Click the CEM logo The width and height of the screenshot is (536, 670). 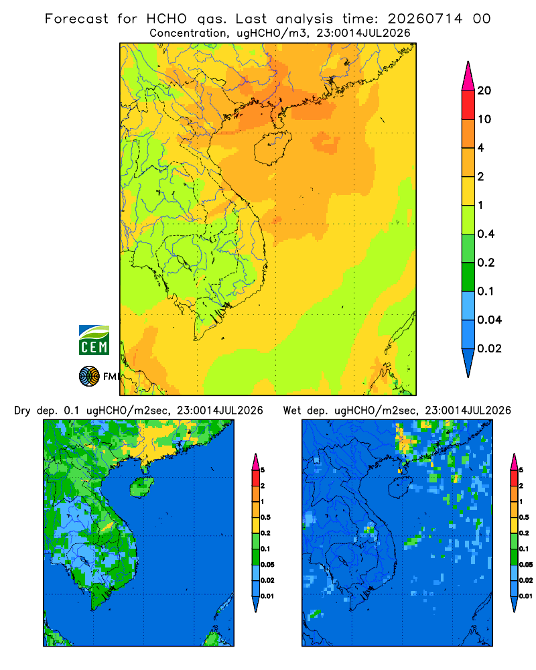pyautogui.click(x=94, y=340)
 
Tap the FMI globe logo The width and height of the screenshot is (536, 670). pyautogui.click(x=89, y=377)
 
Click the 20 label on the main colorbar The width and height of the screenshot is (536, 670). pyautogui.click(x=484, y=90)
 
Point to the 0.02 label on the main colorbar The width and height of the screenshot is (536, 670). pyautogui.click(x=489, y=348)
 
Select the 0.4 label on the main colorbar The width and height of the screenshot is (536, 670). pyautogui.click(x=486, y=234)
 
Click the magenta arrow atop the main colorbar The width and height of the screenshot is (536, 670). pyautogui.click(x=468, y=76)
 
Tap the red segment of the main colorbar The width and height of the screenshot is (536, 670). pyautogui.click(x=468, y=105)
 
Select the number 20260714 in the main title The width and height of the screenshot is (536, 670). pyautogui.click(x=425, y=19)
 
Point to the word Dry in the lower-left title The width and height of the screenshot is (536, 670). pyautogui.click(x=22, y=411)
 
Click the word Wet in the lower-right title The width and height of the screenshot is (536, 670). pyautogui.click(x=292, y=411)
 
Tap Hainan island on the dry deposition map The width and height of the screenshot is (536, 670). pyautogui.click(x=142, y=486)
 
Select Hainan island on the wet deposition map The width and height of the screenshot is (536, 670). pyautogui.click(x=401, y=486)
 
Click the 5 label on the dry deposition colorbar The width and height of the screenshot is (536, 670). pyautogui.click(x=263, y=470)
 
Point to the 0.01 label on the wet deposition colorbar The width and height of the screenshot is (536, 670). pyautogui.click(x=525, y=596)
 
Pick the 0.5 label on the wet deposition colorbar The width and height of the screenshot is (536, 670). pyautogui.click(x=524, y=517)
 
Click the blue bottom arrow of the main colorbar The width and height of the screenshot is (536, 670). pyautogui.click(x=468, y=362)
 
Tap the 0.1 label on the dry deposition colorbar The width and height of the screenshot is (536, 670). pyautogui.click(x=265, y=549)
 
